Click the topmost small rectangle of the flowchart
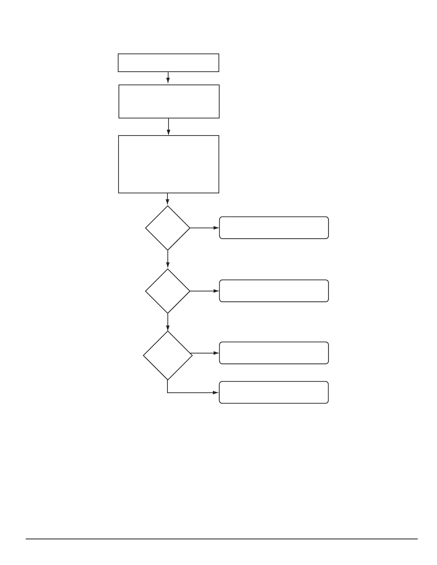tap(168, 63)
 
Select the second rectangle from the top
tap(169, 101)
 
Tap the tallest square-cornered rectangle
tap(169, 164)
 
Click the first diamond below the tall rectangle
tap(167, 228)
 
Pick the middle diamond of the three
tap(167, 291)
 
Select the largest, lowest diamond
tap(167, 355)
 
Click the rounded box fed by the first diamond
tap(274, 228)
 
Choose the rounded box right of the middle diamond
tap(274, 291)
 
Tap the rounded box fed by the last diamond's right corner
tap(274, 353)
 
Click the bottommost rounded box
tap(274, 392)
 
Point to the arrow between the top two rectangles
tap(168, 78)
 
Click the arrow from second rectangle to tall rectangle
tap(168, 127)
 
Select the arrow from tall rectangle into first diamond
tap(167, 199)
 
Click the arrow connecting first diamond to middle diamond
tap(167, 259)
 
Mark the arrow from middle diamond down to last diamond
tap(167, 322)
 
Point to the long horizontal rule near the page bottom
tap(221, 539)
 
